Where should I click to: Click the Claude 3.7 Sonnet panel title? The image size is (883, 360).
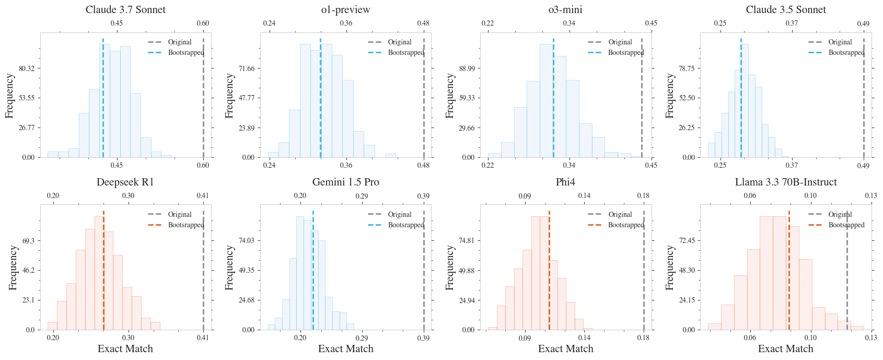(x=125, y=9)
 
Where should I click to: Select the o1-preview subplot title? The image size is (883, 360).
(x=345, y=9)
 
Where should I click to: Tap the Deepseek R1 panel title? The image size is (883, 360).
(x=125, y=182)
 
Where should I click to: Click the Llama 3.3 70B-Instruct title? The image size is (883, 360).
(x=786, y=182)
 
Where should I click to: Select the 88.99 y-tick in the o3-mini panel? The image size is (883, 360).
(x=466, y=68)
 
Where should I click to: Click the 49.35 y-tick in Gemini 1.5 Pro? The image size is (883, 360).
(x=246, y=270)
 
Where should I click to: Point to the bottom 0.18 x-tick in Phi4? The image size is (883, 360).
(x=643, y=338)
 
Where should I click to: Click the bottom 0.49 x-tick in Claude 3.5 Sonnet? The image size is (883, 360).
(x=863, y=165)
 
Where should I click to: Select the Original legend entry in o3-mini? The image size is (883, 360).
(x=620, y=42)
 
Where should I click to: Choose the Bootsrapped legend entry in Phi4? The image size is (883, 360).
(x=626, y=225)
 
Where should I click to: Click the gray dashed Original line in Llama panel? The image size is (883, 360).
(x=847, y=282)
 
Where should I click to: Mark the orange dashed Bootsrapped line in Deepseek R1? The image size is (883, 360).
(x=103, y=282)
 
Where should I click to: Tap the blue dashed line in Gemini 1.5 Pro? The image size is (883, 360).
(x=313, y=282)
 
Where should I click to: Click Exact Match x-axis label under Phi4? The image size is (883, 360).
(x=565, y=349)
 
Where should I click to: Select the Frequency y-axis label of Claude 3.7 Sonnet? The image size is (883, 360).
(x=9, y=95)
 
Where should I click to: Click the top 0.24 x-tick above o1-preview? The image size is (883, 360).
(x=269, y=23)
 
